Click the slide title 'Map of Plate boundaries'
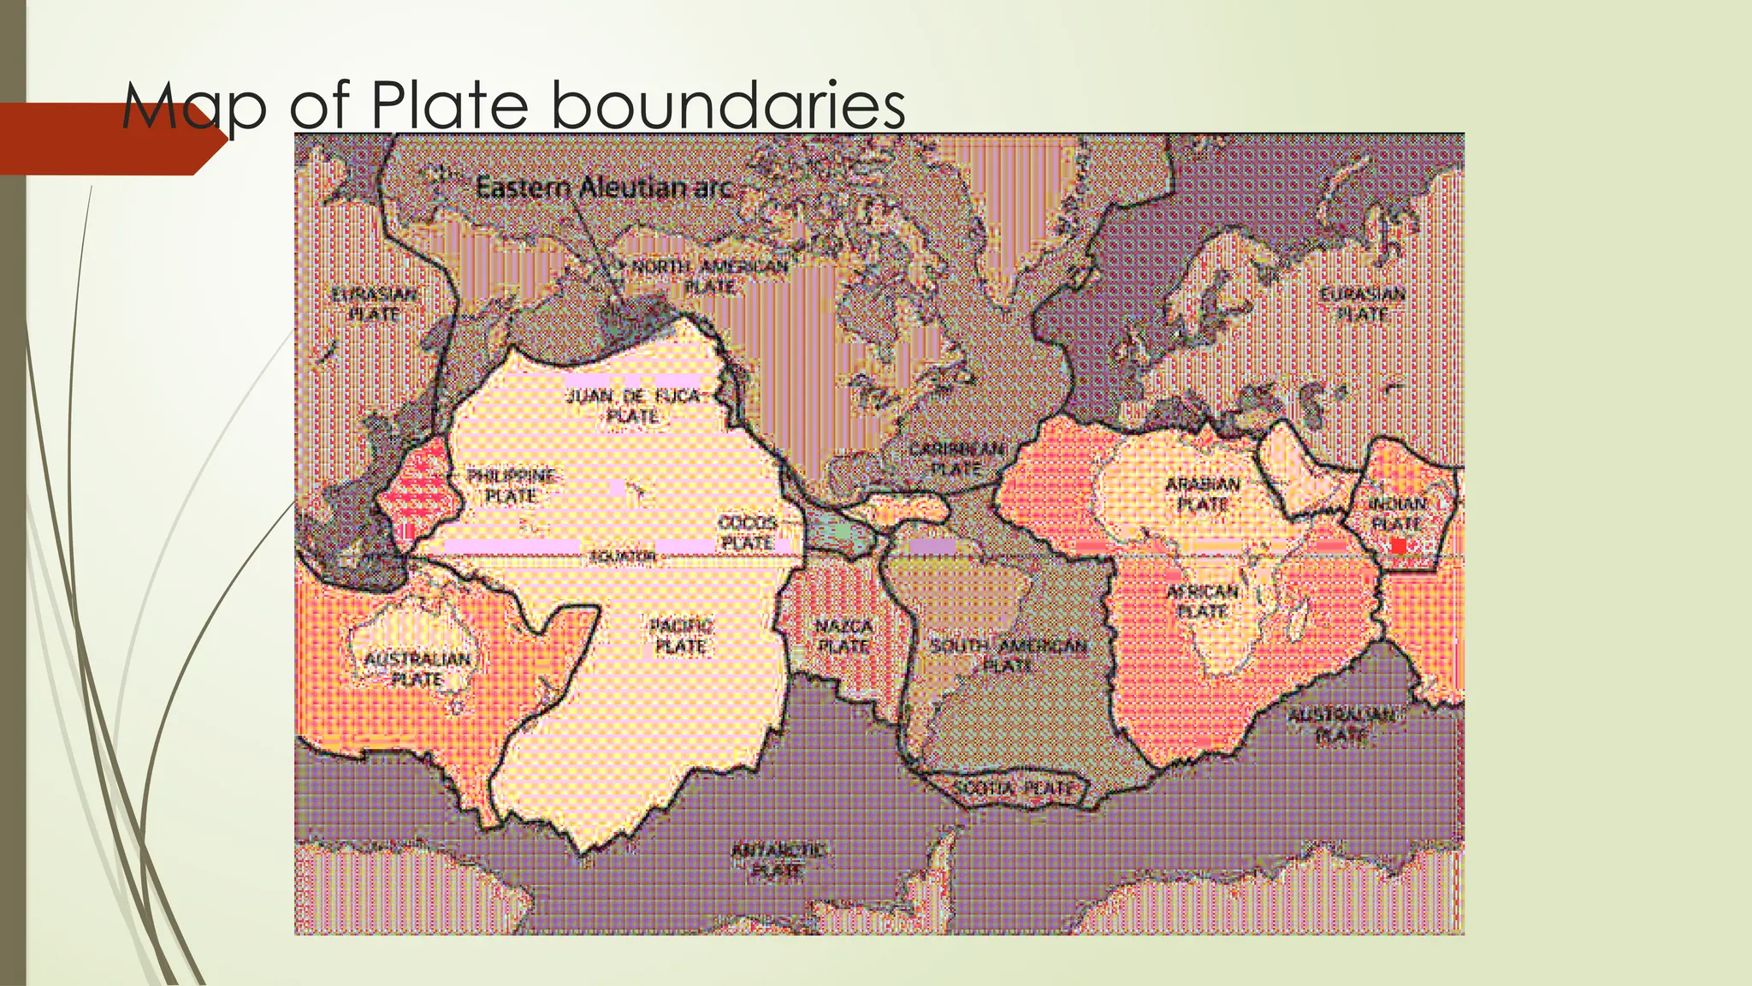513,106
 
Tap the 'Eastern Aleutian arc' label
604,187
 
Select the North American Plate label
708,276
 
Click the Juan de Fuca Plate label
633,406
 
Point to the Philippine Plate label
512,485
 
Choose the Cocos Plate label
747,532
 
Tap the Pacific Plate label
680,637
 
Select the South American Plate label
1009,655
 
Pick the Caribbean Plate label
956,459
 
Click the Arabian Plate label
1202,494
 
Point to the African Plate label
1202,601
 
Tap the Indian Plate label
1396,513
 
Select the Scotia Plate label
1018,787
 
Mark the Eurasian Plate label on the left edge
375,304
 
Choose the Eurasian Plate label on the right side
1362,304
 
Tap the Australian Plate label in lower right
1341,724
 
